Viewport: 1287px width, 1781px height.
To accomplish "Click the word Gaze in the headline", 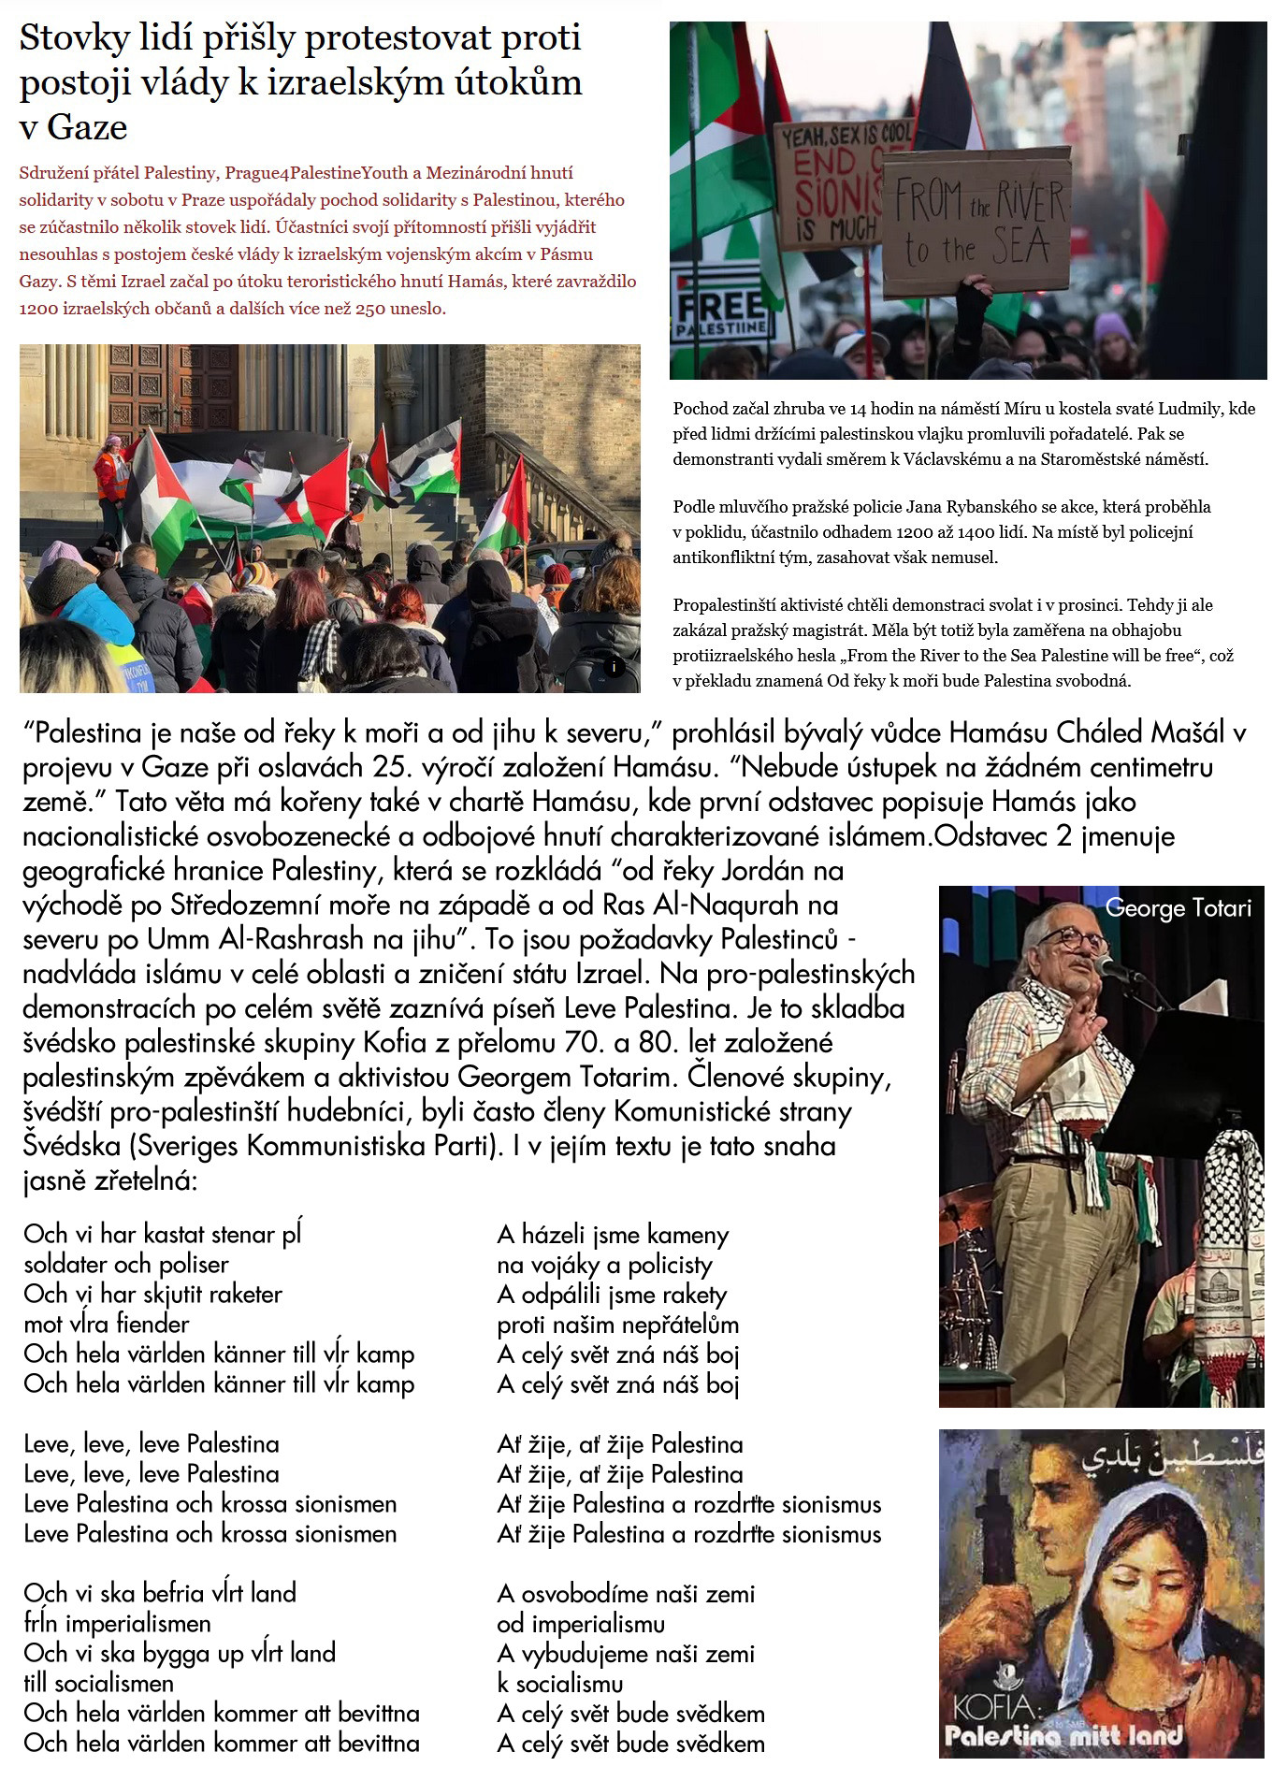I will pos(87,127).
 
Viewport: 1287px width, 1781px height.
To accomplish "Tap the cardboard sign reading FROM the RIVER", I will pos(977,222).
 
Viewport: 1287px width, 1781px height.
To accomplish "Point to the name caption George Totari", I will pos(1178,907).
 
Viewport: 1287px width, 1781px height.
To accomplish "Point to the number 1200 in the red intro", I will pos(37,309).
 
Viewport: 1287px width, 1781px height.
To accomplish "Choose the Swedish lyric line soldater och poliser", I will pos(126,1265).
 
